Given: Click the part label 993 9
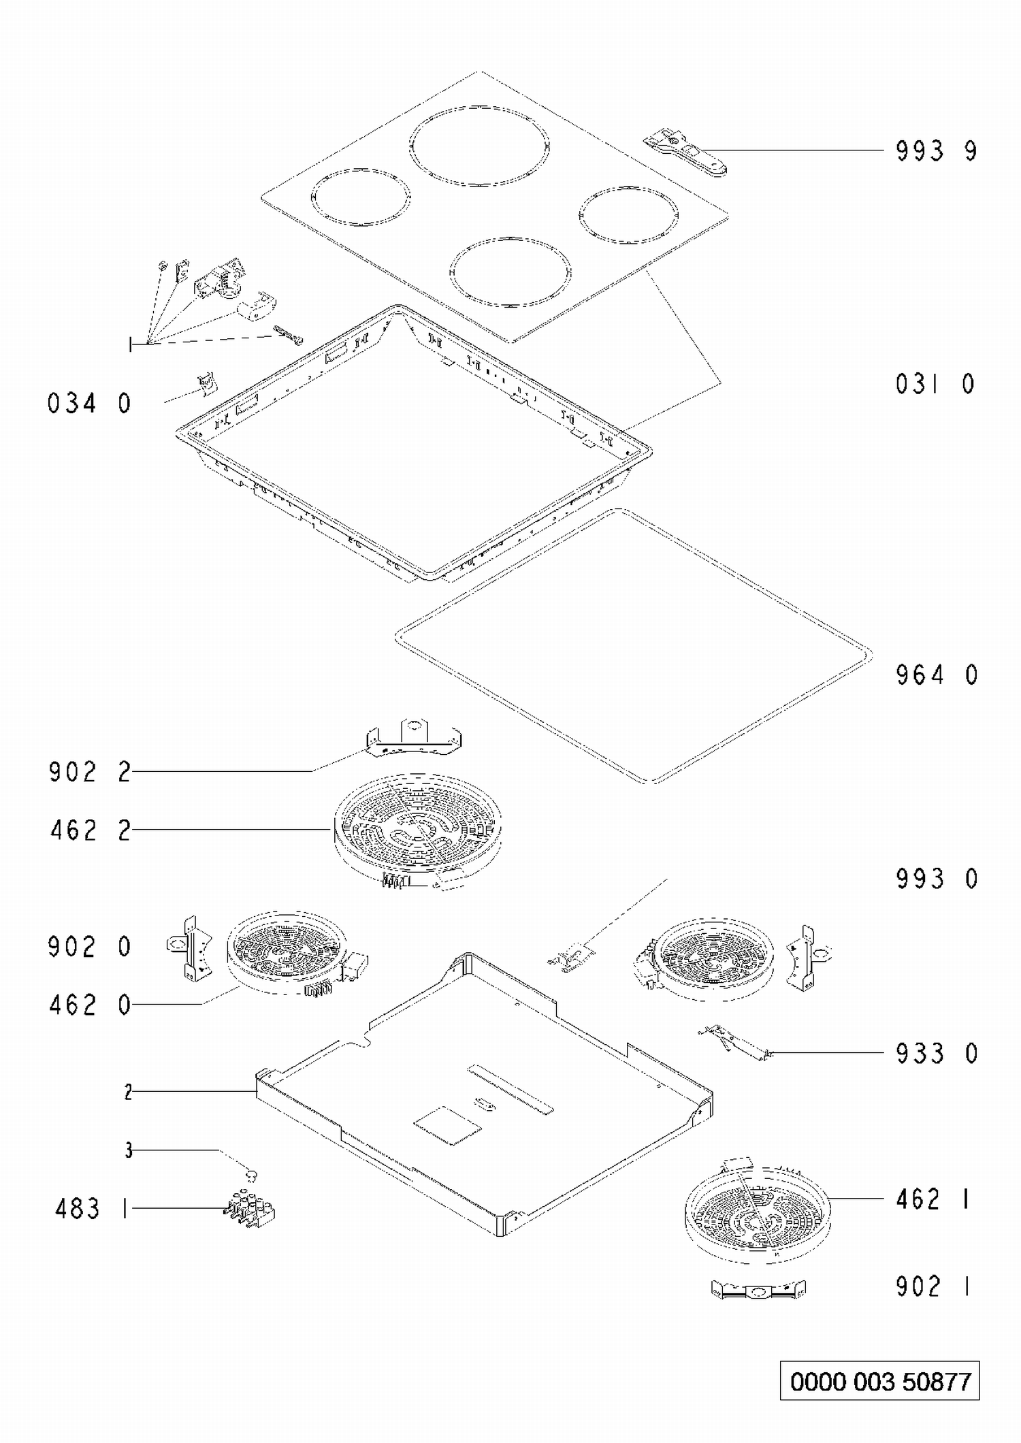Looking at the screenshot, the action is coord(937,150).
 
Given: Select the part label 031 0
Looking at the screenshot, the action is coord(936,385).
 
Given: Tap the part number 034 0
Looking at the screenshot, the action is coord(89,404).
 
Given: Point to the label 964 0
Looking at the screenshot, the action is coord(937,675).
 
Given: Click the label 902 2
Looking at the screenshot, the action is coord(90,773).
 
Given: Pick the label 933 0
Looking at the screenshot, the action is coord(937,1054).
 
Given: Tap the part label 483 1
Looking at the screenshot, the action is coord(91,1209).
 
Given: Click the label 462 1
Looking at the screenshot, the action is coord(933,1199).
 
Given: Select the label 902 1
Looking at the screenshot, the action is coord(933,1286).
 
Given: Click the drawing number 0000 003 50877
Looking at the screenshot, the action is coord(880,1381).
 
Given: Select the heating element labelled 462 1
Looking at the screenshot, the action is coord(758,1206).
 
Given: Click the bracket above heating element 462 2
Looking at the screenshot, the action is coord(413,737).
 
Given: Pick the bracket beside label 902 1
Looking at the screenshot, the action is coord(758,1288).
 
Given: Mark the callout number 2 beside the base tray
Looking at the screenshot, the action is coord(128,1092).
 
